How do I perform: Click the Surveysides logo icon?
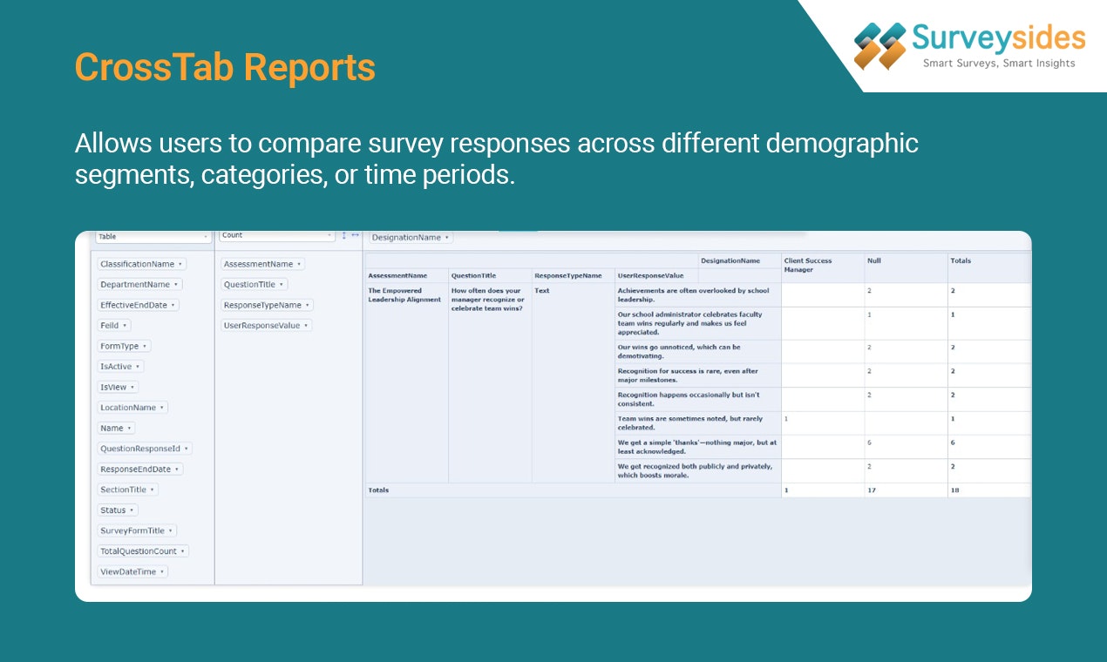[879, 46]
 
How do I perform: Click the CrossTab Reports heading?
[225, 67]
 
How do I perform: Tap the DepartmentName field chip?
[139, 285]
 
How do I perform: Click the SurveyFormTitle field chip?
[137, 530]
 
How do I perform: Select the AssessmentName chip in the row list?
[262, 264]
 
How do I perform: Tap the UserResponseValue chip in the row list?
[266, 326]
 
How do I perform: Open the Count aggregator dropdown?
[276, 235]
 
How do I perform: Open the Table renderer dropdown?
[153, 236]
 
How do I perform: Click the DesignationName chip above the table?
[411, 237]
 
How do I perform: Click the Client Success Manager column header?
[808, 265]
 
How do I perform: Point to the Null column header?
[874, 260]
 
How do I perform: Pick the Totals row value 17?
[872, 490]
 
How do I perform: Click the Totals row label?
[378, 490]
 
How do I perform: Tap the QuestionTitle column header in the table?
[473, 276]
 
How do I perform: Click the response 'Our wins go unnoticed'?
[678, 351]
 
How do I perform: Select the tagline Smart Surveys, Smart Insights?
[999, 64]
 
